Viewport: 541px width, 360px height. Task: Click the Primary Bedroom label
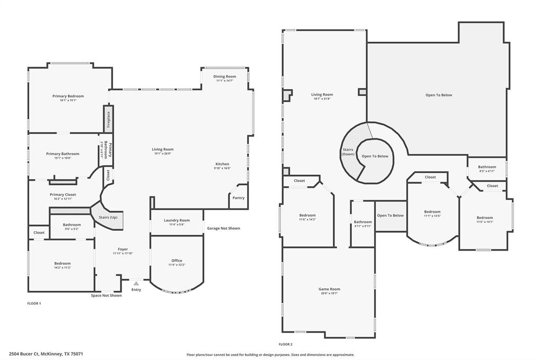[68, 96]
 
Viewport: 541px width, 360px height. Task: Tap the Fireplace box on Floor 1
[108, 119]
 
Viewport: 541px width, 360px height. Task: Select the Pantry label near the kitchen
[238, 198]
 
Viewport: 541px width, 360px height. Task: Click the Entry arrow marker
[136, 283]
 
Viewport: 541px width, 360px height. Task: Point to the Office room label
[176, 260]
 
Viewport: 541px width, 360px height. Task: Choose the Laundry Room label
[176, 220]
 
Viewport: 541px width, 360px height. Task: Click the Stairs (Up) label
[108, 217]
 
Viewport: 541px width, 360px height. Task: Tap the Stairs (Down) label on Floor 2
[348, 152]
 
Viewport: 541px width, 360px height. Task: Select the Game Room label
[329, 289]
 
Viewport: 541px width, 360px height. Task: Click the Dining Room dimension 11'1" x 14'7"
[225, 81]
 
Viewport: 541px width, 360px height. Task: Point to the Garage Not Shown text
[223, 229]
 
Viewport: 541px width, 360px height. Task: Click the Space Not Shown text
[106, 296]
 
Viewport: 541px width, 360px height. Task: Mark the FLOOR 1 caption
[34, 304]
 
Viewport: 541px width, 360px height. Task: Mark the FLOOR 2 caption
[286, 344]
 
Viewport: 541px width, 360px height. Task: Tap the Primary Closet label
[63, 195]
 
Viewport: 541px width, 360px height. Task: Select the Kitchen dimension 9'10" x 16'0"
[222, 168]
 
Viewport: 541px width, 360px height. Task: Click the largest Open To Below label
[439, 95]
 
